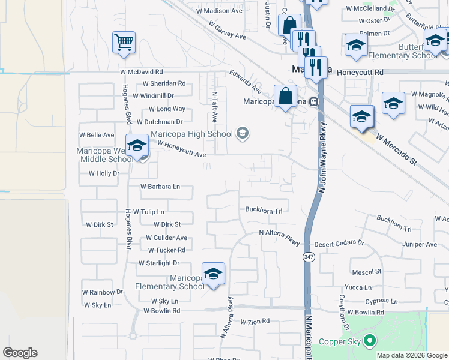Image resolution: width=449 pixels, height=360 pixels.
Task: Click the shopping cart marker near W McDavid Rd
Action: tap(124, 43)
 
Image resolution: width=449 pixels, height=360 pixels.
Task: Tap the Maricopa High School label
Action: tap(191, 134)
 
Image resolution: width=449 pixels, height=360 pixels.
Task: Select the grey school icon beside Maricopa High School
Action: tap(243, 133)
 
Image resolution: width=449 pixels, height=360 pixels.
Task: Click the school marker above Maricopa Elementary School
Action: tap(213, 274)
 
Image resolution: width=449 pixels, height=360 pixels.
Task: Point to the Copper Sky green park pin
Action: tap(369, 342)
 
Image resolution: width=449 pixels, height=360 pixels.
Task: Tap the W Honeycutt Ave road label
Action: tap(181, 149)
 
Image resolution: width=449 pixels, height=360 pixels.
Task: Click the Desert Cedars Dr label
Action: tap(339, 244)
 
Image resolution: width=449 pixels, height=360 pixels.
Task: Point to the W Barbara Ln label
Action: tap(160, 187)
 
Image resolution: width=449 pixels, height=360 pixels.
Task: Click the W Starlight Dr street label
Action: tap(159, 263)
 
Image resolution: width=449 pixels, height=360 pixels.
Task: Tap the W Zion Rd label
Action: tap(255, 322)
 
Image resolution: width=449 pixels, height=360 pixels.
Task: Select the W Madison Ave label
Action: tap(220, 11)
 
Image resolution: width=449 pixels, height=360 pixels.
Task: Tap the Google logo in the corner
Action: tap(20, 353)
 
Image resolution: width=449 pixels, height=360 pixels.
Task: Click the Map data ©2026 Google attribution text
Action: tap(412, 355)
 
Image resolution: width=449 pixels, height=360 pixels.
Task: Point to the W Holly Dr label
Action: tap(104, 173)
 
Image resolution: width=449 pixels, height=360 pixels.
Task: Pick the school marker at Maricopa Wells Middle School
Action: tap(136, 146)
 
